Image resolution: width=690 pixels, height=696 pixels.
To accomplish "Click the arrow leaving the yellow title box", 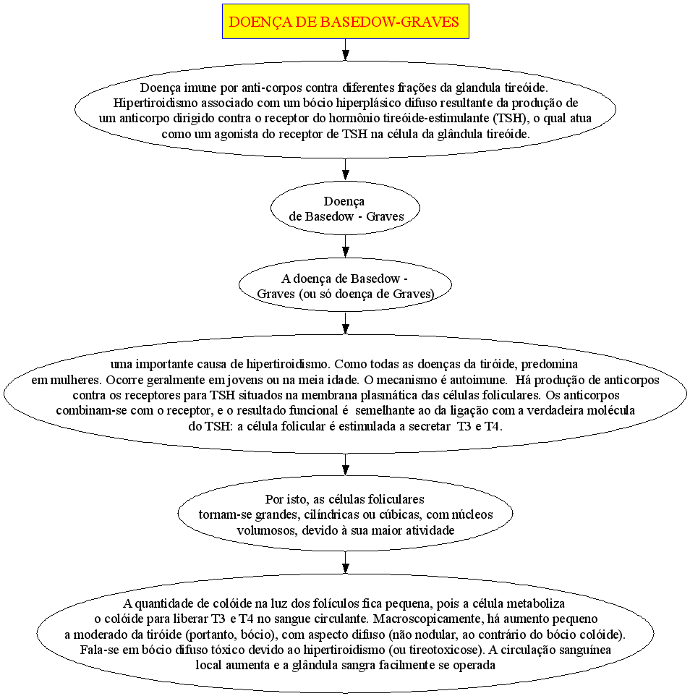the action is point(345,50).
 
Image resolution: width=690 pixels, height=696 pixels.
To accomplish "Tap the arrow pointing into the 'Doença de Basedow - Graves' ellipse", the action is point(345,169).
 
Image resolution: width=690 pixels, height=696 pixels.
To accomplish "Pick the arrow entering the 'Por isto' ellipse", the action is point(345,464).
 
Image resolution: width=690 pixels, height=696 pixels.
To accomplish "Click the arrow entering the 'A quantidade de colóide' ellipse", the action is point(345,562).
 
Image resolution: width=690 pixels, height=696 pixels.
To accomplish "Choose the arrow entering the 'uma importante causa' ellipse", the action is point(345,323).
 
